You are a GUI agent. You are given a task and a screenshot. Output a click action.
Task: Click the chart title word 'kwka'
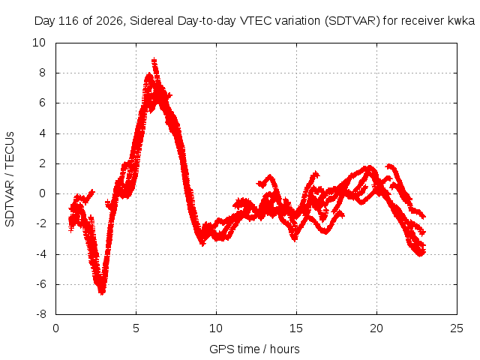(x=461, y=21)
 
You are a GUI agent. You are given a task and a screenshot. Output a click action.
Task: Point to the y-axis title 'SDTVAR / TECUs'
(x=10, y=179)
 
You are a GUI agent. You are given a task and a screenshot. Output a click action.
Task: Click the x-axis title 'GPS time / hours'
(x=254, y=349)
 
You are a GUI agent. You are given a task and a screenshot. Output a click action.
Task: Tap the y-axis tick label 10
(x=39, y=43)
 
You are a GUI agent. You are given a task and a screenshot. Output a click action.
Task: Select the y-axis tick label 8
(x=42, y=73)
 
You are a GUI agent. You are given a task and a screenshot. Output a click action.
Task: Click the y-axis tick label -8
(x=40, y=314)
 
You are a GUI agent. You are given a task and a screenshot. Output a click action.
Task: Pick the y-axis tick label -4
(x=40, y=253)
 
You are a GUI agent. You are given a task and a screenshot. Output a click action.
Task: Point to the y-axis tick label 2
(x=42, y=163)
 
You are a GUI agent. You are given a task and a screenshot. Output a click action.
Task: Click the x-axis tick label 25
(x=457, y=328)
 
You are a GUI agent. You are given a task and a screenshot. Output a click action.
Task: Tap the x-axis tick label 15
(x=296, y=328)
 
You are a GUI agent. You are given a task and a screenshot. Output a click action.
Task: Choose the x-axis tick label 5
(x=136, y=328)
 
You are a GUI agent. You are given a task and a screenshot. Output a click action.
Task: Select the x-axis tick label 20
(x=376, y=328)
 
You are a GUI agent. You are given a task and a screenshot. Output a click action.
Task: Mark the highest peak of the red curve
(x=154, y=60)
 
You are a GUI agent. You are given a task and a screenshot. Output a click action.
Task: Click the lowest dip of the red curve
(x=102, y=292)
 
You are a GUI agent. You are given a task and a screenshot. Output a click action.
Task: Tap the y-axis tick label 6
(x=42, y=103)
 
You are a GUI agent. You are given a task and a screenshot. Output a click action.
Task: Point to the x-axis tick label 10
(x=216, y=328)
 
